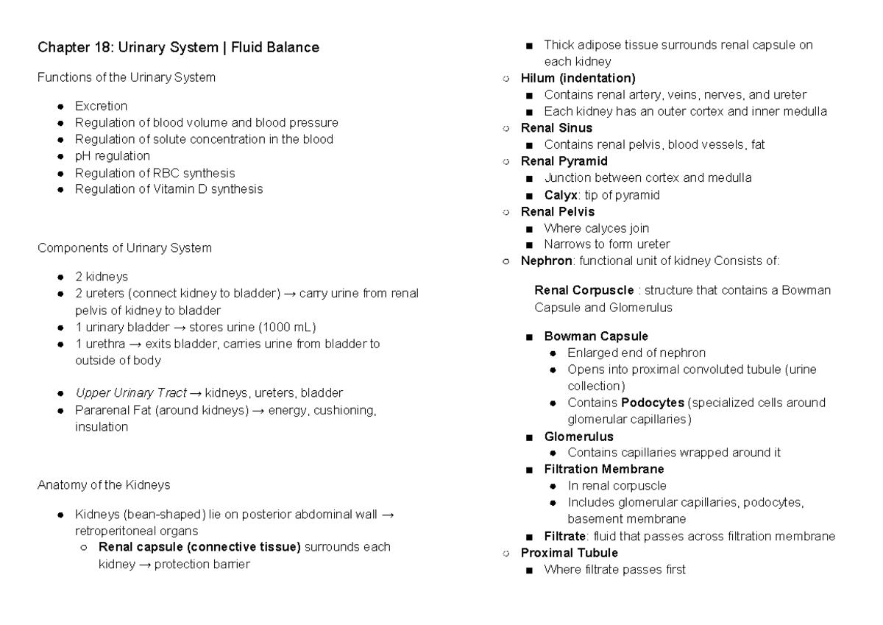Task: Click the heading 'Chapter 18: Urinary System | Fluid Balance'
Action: click(x=178, y=49)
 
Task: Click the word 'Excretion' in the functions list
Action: click(x=101, y=106)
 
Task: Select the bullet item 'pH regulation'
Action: click(x=113, y=156)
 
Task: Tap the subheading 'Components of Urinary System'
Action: click(x=124, y=248)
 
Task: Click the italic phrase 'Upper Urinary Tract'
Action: click(x=131, y=393)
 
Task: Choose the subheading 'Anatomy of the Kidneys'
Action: click(x=104, y=485)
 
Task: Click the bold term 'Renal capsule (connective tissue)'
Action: click(x=199, y=547)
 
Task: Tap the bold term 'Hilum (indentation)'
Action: click(x=578, y=78)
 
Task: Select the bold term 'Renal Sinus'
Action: click(x=556, y=128)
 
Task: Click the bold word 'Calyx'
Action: click(x=561, y=195)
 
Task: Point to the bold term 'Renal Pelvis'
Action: click(x=558, y=212)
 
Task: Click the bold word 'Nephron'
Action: click(x=545, y=261)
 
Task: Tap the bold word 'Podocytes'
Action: click(x=652, y=403)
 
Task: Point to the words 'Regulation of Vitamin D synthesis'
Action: click(x=169, y=189)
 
